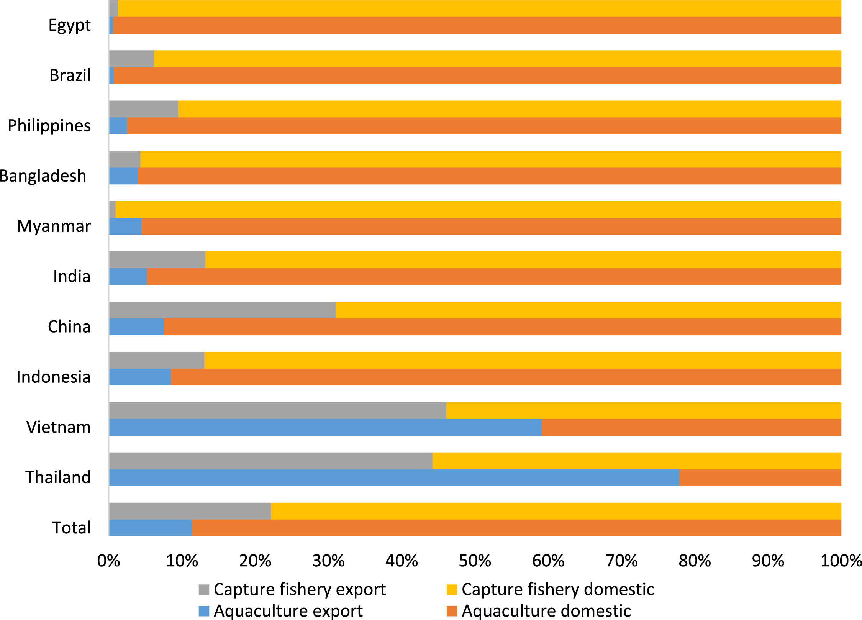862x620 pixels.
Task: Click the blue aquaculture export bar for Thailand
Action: [394, 477]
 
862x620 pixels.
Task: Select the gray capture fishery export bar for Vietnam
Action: [277, 410]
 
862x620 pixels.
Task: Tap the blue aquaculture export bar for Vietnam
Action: [325, 427]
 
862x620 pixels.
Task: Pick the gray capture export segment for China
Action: [222, 310]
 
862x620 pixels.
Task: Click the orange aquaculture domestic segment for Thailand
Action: [760, 477]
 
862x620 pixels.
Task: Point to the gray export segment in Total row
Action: [190, 511]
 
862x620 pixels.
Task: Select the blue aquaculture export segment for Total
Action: [150, 528]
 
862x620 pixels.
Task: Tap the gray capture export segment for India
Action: [157, 260]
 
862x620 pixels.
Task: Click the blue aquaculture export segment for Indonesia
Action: [140, 377]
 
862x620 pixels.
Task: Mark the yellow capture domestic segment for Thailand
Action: [637, 461]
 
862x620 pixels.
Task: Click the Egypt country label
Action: [69, 25]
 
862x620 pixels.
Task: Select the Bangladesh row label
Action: [43, 176]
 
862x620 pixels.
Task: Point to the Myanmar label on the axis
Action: [54, 226]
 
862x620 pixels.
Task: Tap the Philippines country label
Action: [49, 126]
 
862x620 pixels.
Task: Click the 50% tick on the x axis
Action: [475, 561]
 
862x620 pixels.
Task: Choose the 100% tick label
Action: [841, 561]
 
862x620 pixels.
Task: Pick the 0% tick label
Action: [108, 561]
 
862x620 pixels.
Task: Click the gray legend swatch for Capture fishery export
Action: [204, 590]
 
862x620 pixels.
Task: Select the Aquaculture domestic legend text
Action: [546, 611]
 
